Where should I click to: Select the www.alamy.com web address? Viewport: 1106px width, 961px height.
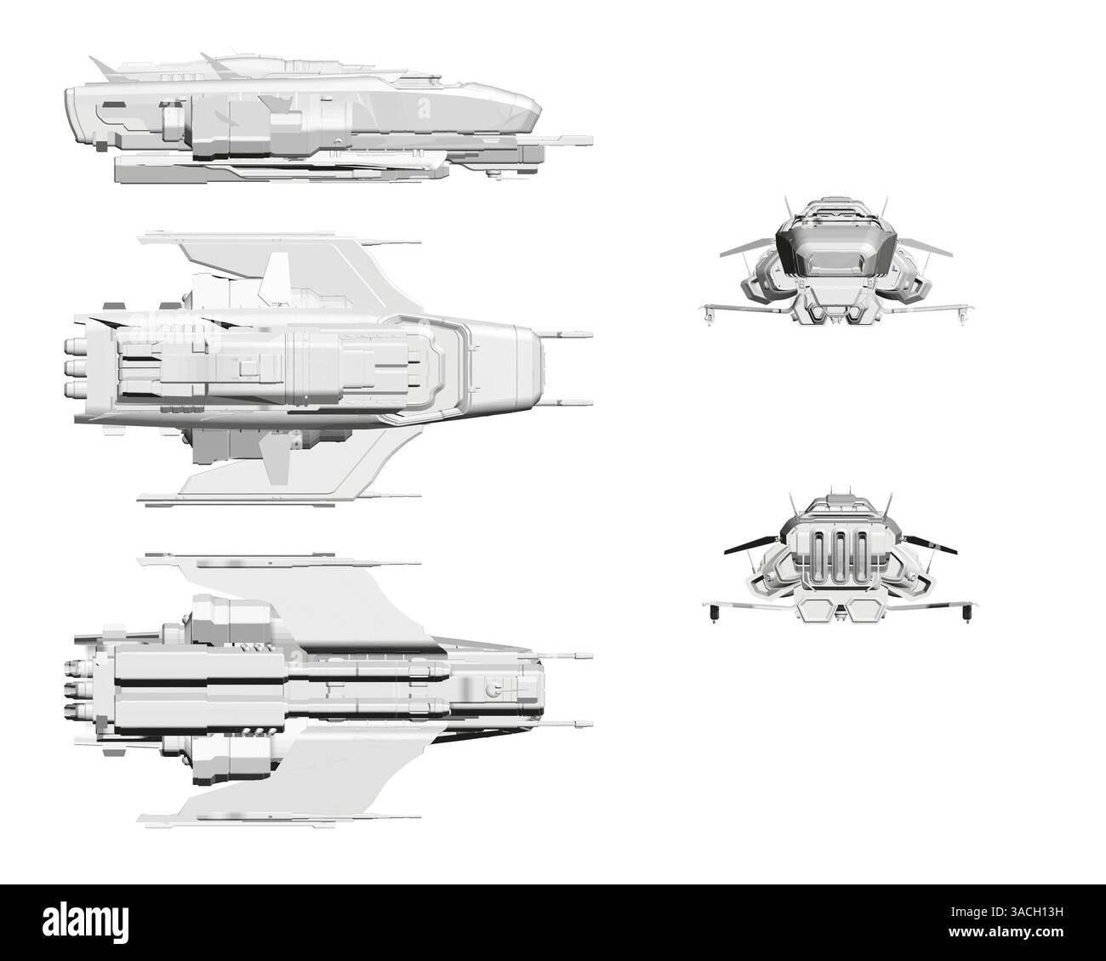(1006, 932)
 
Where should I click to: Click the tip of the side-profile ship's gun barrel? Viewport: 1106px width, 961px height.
(591, 141)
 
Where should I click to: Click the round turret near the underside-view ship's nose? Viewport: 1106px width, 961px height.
(493, 688)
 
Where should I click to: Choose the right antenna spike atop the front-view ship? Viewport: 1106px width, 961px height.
(884, 205)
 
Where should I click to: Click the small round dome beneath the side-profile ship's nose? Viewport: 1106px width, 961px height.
(492, 172)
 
